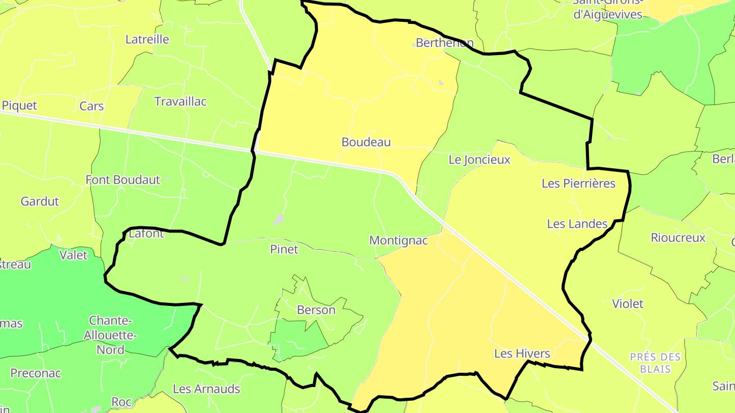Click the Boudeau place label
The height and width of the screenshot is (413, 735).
click(x=366, y=142)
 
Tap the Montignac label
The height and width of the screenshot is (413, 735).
click(x=398, y=240)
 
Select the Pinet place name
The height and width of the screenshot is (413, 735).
click(x=284, y=249)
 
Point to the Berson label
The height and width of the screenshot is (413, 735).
click(x=316, y=310)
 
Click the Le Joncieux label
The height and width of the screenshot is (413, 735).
click(x=479, y=160)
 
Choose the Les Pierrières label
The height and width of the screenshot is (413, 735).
click(x=578, y=183)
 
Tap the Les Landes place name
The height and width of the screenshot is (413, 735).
click(x=577, y=223)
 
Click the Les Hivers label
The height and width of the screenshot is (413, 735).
click(x=522, y=353)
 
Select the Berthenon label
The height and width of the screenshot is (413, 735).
click(x=445, y=43)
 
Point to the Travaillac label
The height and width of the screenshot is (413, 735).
click(x=180, y=101)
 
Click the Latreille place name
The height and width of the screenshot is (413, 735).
click(x=147, y=39)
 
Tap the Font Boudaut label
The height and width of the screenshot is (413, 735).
click(x=122, y=179)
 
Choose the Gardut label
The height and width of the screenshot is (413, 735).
click(x=40, y=201)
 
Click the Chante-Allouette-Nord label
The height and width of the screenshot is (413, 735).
click(x=110, y=335)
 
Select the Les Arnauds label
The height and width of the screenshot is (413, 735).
click(x=206, y=389)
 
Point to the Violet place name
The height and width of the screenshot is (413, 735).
click(x=627, y=304)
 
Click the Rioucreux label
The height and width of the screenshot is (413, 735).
click(x=678, y=238)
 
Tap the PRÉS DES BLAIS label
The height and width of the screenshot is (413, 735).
click(x=655, y=363)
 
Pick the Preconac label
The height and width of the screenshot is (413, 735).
click(x=36, y=373)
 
